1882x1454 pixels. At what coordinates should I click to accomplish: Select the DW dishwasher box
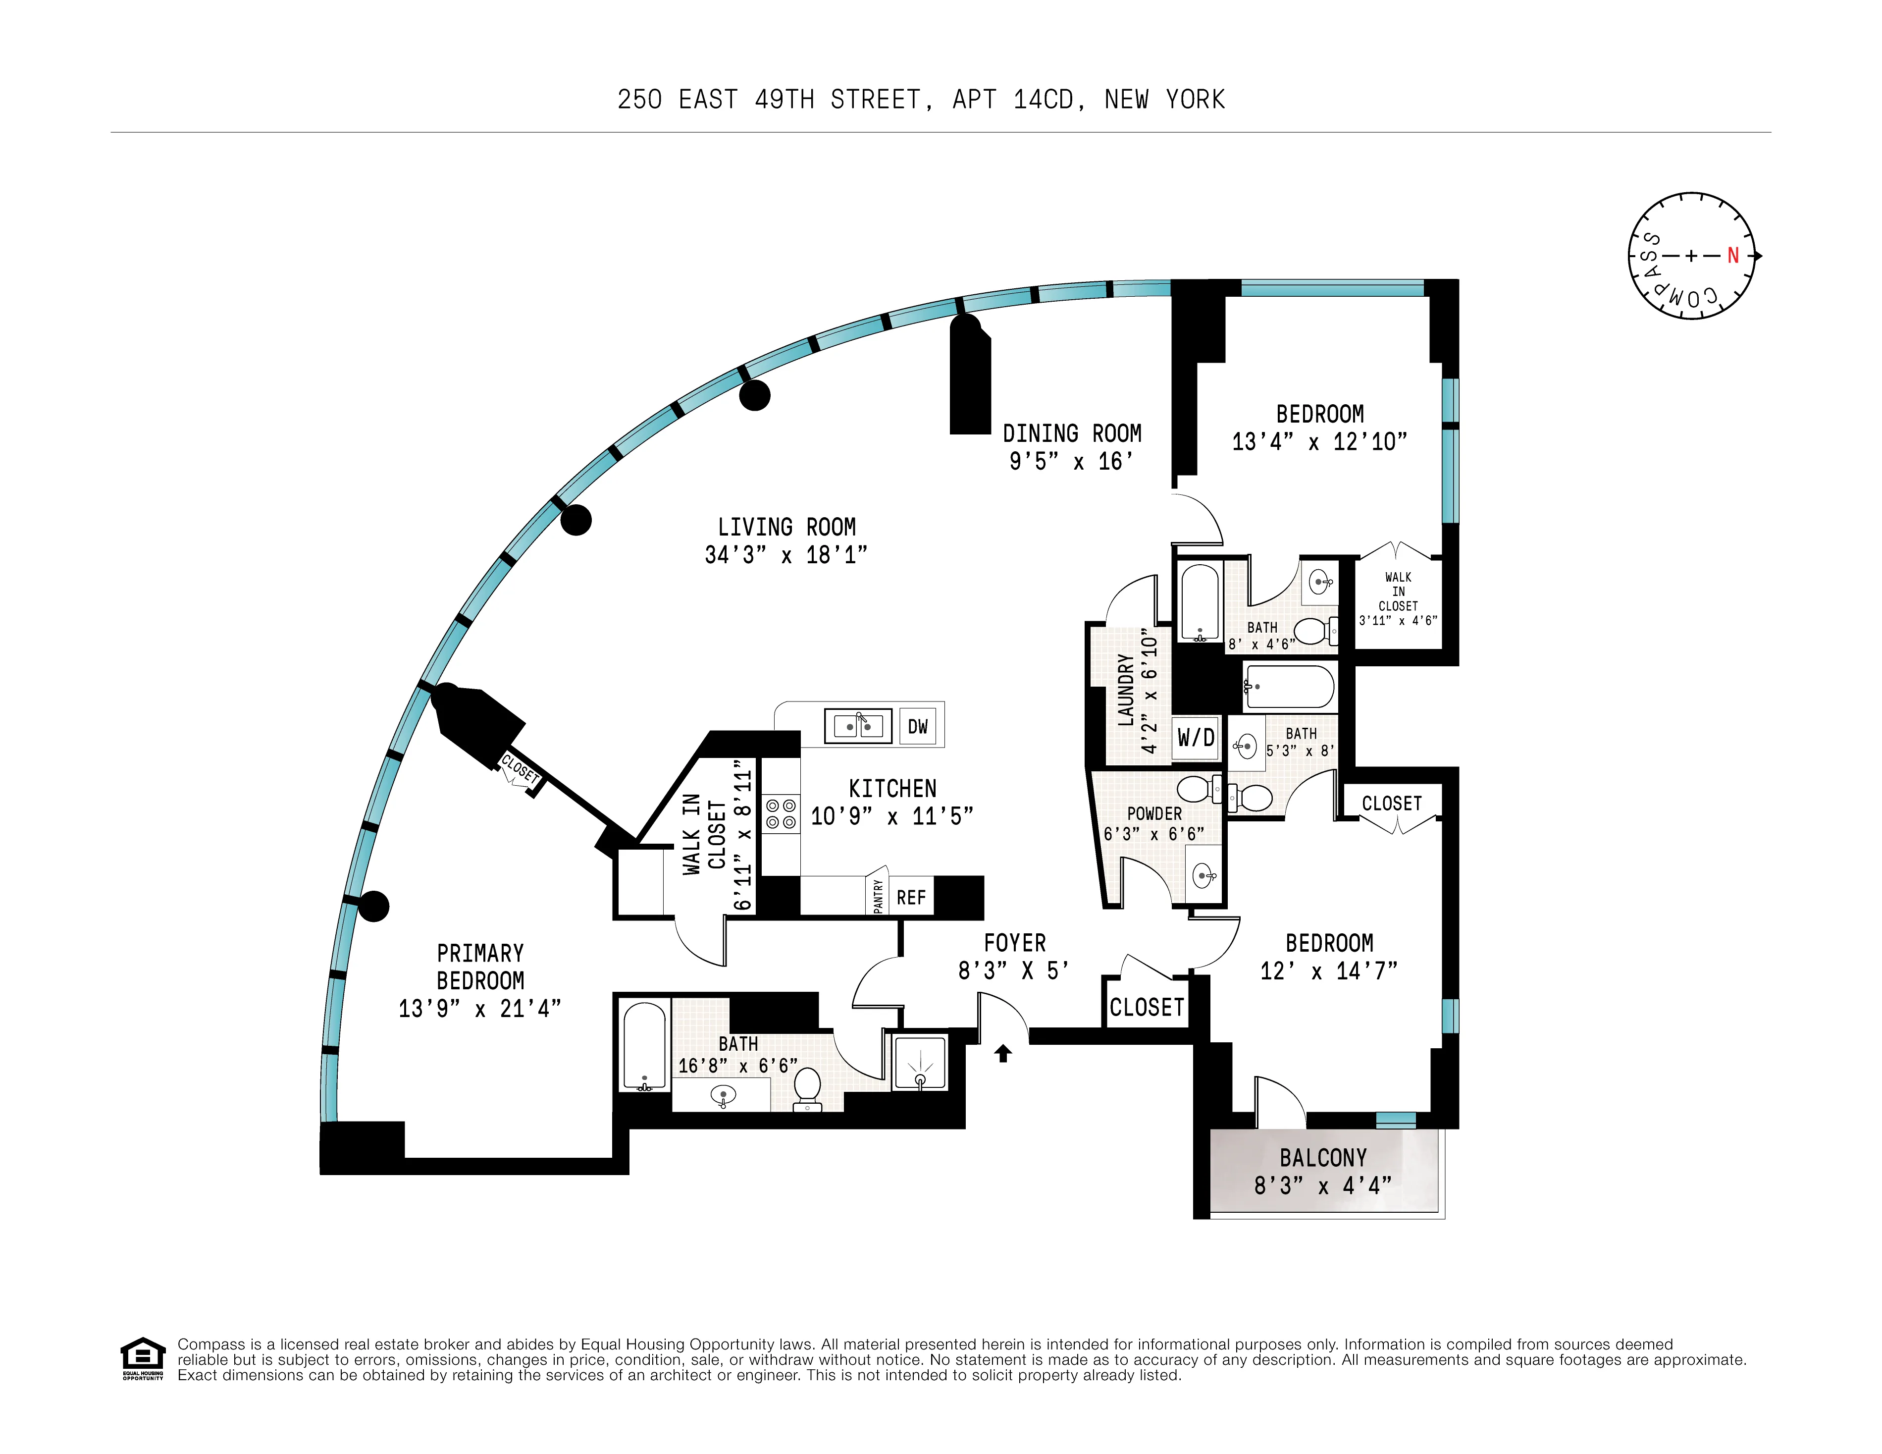click(x=918, y=727)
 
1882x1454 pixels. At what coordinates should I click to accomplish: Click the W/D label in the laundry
click(x=1196, y=737)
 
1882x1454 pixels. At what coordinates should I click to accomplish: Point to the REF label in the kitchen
click(x=911, y=898)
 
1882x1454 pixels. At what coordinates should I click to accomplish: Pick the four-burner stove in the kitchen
click(x=781, y=813)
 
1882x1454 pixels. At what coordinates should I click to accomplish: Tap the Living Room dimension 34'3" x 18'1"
click(x=786, y=555)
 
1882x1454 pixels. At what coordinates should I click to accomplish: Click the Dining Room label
click(x=1072, y=433)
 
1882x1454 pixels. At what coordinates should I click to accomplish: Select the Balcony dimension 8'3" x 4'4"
click(x=1323, y=1186)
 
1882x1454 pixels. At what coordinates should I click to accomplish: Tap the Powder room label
click(x=1154, y=813)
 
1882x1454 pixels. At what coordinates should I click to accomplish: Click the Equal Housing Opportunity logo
click(x=142, y=1358)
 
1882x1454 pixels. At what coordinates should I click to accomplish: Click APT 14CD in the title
click(x=1012, y=100)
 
